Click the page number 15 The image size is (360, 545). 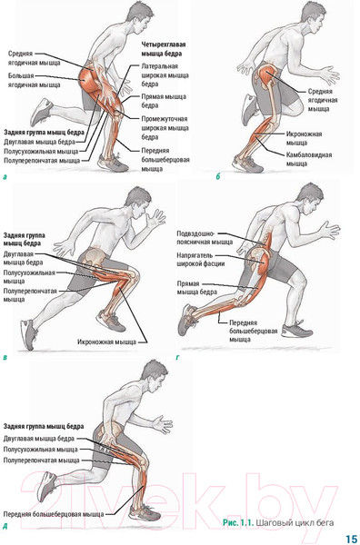click(352, 538)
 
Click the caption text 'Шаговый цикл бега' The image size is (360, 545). click(295, 522)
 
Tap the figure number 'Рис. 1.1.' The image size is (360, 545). click(238, 522)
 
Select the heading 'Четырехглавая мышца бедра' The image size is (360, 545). click(163, 49)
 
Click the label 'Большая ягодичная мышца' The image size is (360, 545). click(34, 80)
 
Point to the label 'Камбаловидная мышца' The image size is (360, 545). click(309, 159)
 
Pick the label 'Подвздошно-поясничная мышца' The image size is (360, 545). click(205, 238)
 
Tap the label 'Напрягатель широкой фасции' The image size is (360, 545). click(200, 260)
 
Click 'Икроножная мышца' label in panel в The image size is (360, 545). click(106, 342)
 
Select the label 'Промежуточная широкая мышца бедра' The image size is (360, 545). click(165, 128)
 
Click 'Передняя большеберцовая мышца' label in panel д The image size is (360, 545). click(54, 514)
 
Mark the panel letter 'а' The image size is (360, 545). click(5, 177)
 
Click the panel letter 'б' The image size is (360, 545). click(218, 176)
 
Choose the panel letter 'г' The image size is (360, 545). click(178, 357)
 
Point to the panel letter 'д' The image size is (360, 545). click(5, 527)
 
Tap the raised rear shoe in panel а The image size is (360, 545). click(42, 112)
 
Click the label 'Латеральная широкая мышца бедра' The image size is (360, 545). click(165, 75)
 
